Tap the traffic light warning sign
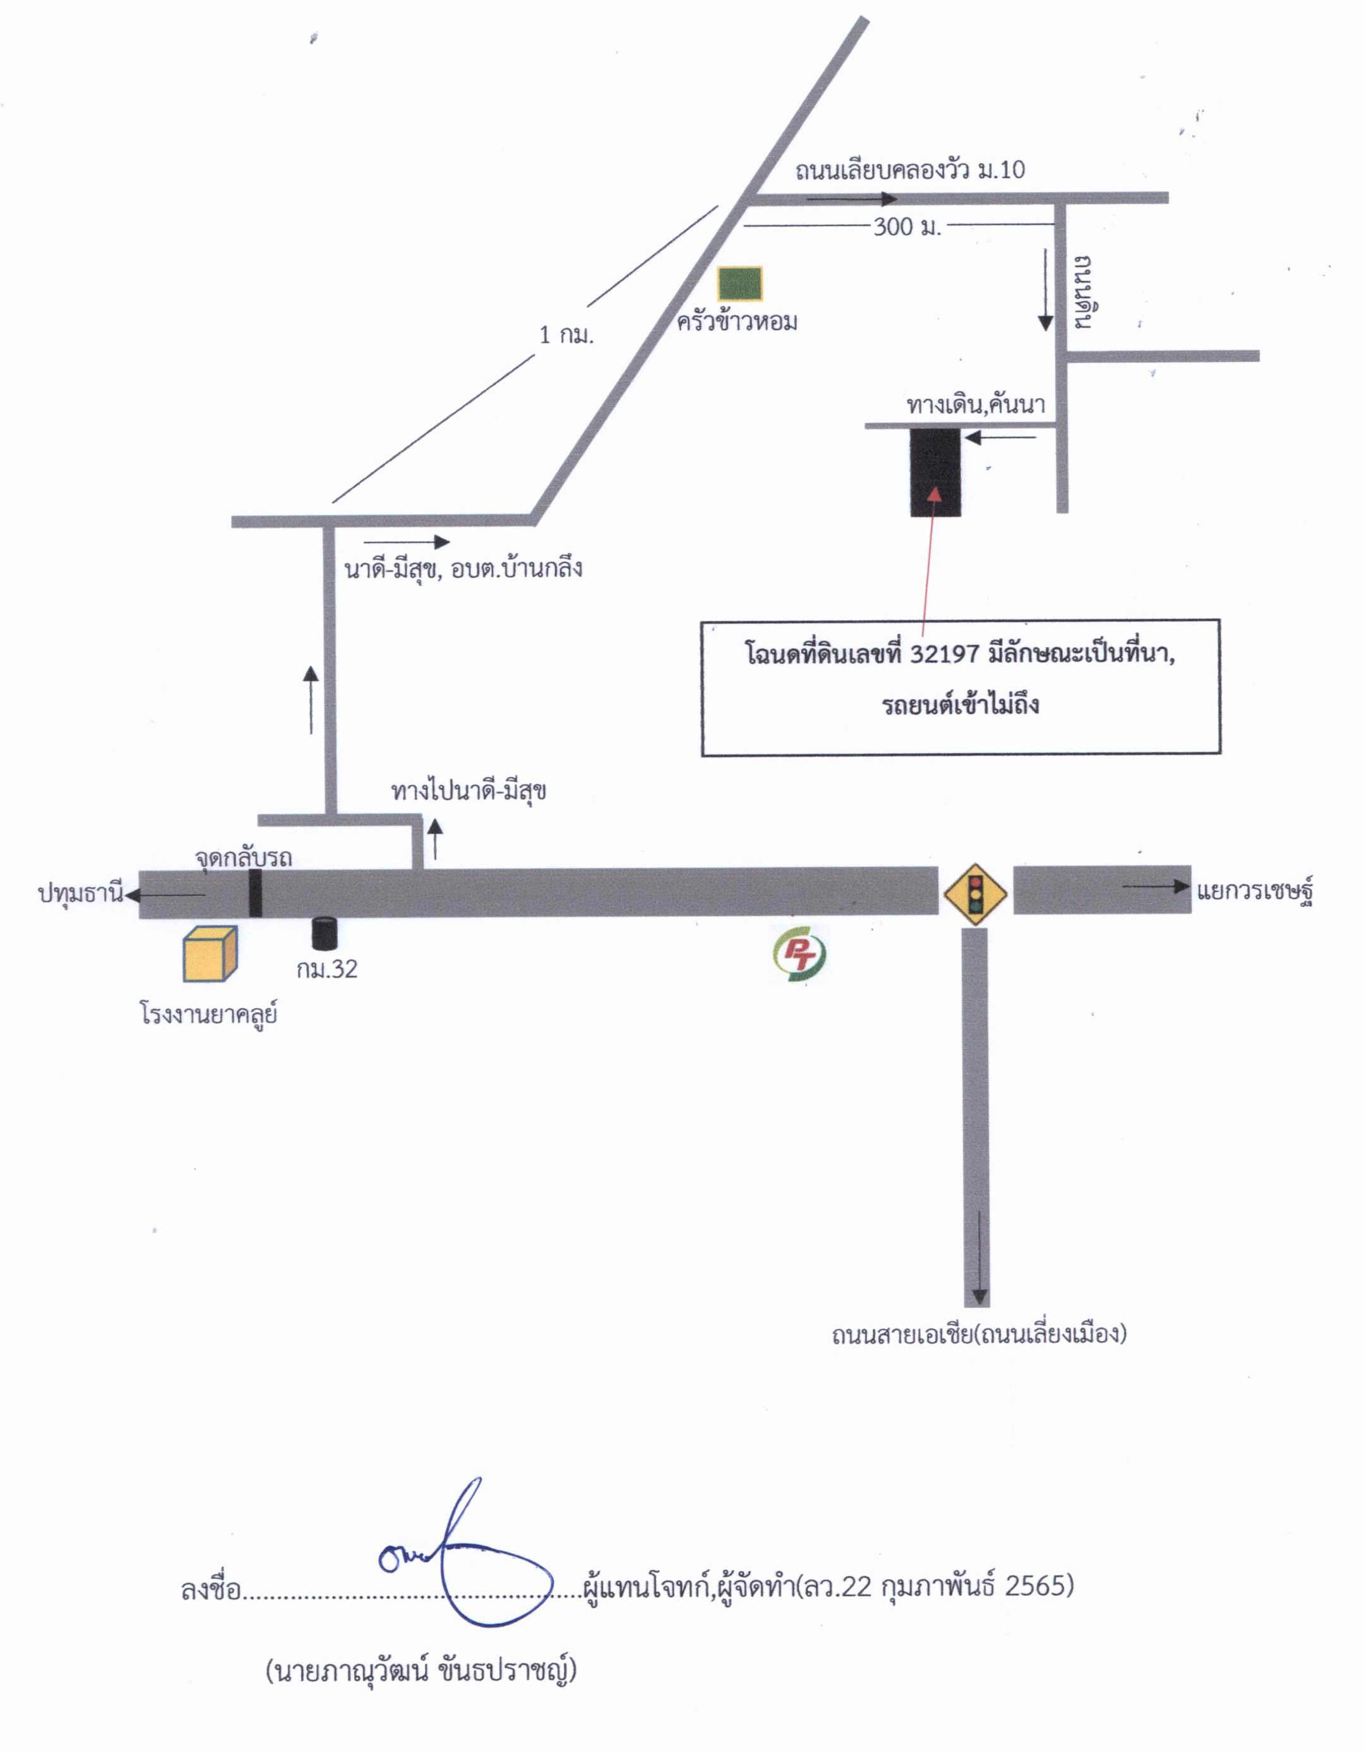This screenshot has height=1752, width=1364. click(976, 893)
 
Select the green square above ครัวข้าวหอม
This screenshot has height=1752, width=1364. click(739, 284)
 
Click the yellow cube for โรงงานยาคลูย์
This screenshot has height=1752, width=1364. click(211, 954)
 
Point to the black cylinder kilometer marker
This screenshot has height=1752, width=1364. click(324, 933)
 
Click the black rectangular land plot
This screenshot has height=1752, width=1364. click(935, 472)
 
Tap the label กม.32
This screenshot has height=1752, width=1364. click(326, 969)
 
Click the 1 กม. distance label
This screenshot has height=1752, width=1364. click(566, 335)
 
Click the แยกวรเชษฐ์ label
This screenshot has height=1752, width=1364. click(1254, 891)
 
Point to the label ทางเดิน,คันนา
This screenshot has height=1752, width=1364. click(976, 405)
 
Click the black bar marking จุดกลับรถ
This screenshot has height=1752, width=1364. click(255, 892)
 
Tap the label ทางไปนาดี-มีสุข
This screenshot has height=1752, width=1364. click(469, 792)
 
